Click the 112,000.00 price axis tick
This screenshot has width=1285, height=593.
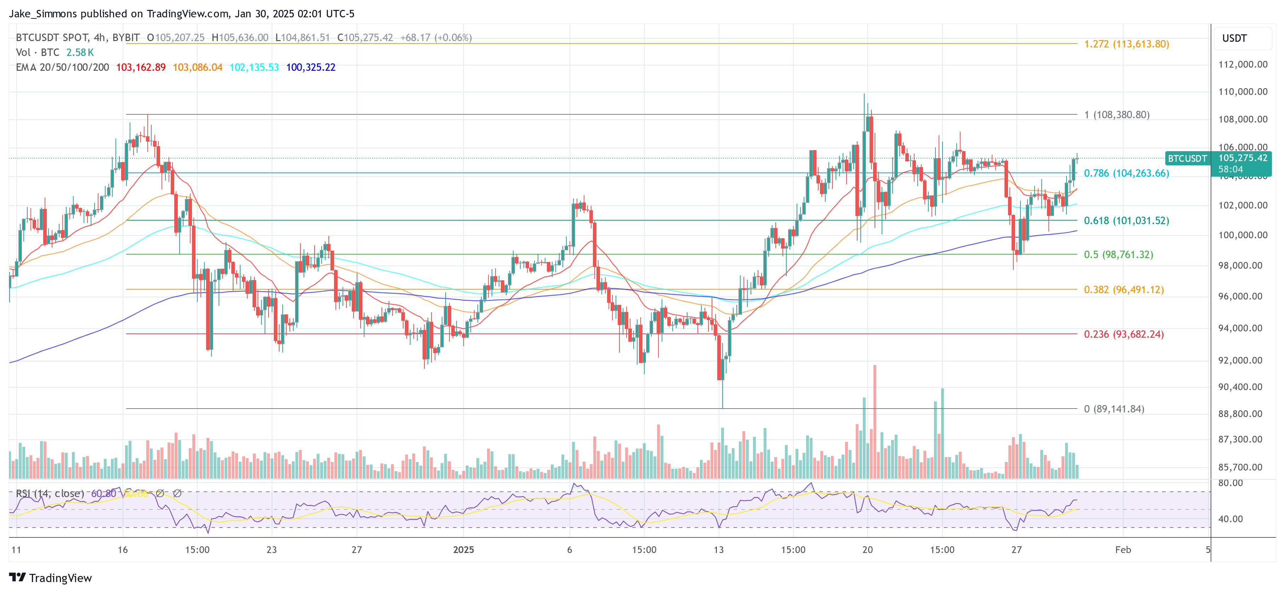[x=1242, y=64]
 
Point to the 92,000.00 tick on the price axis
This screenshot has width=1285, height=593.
[x=1242, y=360]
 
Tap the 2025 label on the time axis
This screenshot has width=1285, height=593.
[x=463, y=549]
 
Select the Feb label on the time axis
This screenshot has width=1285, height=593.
[x=1123, y=549]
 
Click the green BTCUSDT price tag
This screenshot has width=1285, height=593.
[x=1187, y=159]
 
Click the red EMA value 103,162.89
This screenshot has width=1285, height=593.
[x=141, y=67]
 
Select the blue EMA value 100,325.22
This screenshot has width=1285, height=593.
[x=311, y=67]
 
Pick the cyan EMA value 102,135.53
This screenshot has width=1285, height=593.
[x=254, y=67]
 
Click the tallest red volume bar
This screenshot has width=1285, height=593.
[x=874, y=421]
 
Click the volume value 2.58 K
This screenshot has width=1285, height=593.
[x=80, y=52]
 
